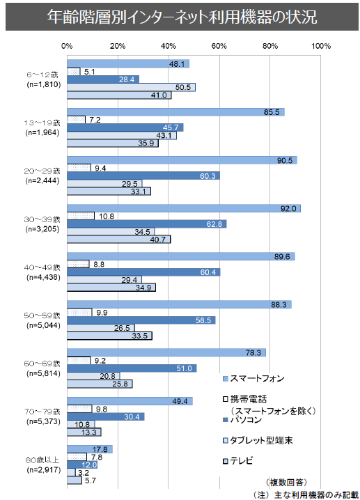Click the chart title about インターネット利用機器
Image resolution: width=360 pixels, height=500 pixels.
coord(182,17)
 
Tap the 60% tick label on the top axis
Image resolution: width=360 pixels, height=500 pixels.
coord(219,46)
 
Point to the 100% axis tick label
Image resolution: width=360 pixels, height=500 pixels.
coord(321,46)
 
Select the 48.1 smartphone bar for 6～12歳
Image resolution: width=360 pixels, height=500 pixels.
coord(128,64)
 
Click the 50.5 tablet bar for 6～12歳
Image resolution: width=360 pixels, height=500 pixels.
coord(131,87)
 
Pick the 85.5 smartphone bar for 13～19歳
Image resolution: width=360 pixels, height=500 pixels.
coord(175,112)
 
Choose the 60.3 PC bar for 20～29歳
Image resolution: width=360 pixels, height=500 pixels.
coord(143,175)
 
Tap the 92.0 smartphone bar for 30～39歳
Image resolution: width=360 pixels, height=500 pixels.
coord(184,208)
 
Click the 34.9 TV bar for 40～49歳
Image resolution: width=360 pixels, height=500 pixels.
coord(111,288)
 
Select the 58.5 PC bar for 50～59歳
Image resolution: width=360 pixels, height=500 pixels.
coord(141,320)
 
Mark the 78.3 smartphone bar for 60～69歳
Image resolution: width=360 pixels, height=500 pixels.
coord(166,352)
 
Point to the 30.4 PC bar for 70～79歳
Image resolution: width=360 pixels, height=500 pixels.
coord(106,416)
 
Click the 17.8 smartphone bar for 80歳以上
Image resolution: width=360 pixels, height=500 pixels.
coord(90,449)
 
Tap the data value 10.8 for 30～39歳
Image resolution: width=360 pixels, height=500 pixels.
coord(106,216)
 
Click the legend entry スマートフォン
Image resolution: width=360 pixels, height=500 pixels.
coord(253,379)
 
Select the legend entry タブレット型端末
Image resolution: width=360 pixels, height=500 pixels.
coord(258,440)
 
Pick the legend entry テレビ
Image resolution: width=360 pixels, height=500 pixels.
coord(238,461)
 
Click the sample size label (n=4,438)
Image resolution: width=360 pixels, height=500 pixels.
coord(43,277)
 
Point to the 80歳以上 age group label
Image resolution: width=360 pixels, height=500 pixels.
coord(42,460)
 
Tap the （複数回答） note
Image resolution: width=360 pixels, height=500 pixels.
coord(286,482)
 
